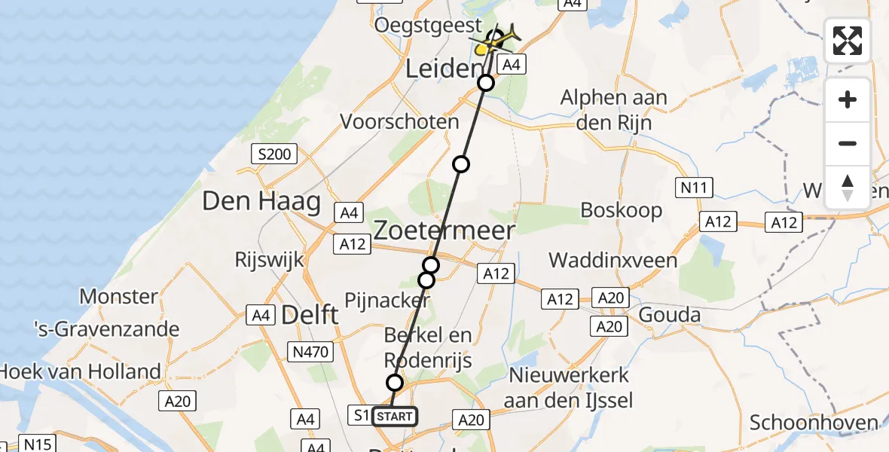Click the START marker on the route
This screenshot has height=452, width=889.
pos(393,417)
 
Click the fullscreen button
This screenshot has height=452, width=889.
pos(848,41)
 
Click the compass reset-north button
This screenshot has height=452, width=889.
pos(848,188)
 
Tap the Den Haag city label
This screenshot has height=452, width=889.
pos(261,202)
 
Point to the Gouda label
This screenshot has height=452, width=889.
pos(670,314)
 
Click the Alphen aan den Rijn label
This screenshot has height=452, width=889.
pos(614,110)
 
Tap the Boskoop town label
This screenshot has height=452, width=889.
pos(621,210)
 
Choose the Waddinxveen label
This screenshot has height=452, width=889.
pos(613,261)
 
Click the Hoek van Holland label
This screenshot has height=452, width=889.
pos(81,371)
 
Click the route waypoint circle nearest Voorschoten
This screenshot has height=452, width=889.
pos(460,164)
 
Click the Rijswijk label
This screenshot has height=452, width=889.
pos(269,261)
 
